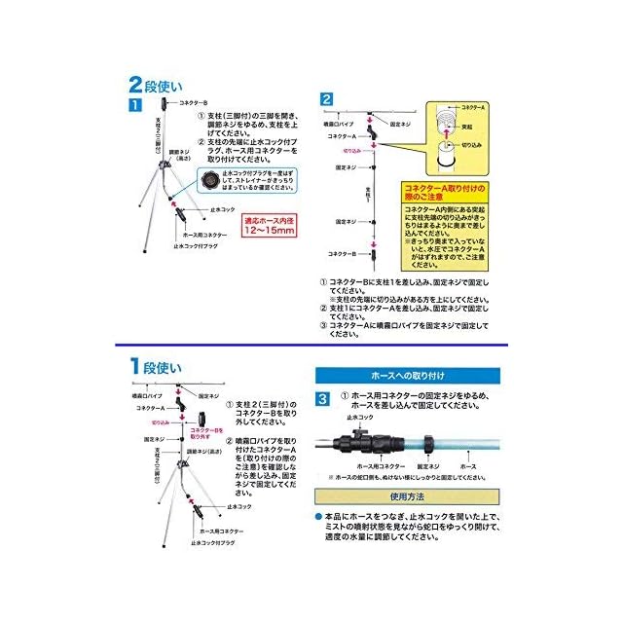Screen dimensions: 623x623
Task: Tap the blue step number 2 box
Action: click(327, 99)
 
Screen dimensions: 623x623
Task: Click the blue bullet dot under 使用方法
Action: click(318, 515)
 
